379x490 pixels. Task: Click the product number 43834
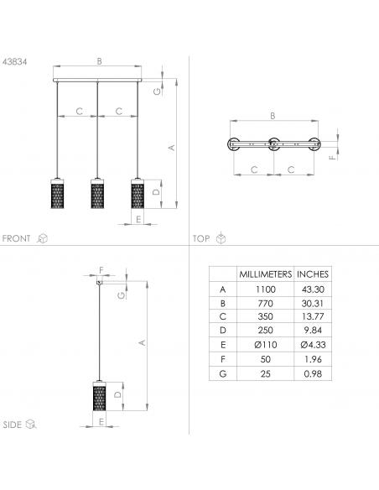[x=14, y=62]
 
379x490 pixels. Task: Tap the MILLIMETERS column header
[x=265, y=274]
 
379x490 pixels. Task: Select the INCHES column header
[x=313, y=274]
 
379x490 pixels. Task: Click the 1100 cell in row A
[x=265, y=289]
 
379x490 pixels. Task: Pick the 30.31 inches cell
[x=313, y=303]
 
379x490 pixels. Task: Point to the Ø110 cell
[x=265, y=345]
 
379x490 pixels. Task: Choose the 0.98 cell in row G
[x=313, y=373]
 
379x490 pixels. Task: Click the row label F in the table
[x=222, y=359]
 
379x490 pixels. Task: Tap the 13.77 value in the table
[x=313, y=316]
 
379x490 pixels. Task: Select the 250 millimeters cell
[x=265, y=331]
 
